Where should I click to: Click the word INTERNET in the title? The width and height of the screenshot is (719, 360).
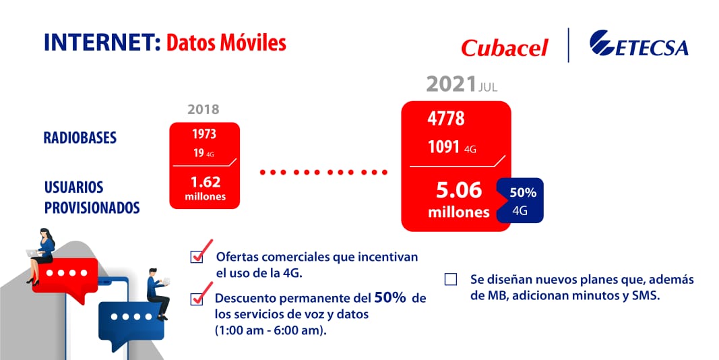(98, 42)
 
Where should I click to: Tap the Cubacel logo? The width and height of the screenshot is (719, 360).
(504, 48)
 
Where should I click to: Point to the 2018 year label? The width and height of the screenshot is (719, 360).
(204, 109)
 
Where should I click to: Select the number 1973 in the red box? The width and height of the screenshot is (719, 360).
(204, 133)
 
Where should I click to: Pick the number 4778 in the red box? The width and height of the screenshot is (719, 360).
(446, 119)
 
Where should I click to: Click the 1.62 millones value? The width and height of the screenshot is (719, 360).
(205, 187)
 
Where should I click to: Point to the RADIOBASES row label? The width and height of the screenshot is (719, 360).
(80, 138)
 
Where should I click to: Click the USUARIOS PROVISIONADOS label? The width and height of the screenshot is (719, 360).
(92, 197)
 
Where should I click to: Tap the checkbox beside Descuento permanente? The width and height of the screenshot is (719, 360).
(197, 298)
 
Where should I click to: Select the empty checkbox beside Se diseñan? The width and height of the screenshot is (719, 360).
(451, 279)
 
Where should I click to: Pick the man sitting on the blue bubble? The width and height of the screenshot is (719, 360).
(158, 291)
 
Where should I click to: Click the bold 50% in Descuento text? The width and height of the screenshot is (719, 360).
(389, 298)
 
